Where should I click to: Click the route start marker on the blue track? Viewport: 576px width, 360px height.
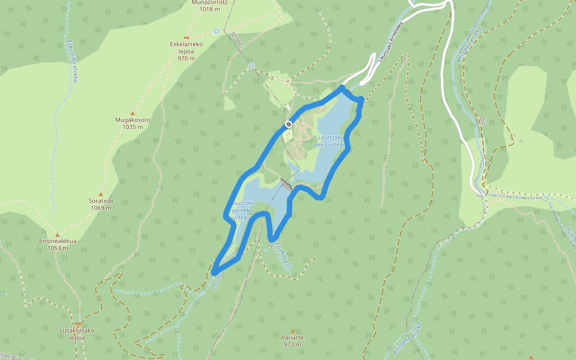[289, 124]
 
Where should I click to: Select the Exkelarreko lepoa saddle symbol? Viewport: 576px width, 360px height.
[187, 37]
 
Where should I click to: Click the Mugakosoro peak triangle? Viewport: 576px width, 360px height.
[133, 113]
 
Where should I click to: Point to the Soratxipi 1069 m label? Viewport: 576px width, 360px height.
[101, 204]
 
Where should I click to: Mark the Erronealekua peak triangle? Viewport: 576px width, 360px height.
[58, 235]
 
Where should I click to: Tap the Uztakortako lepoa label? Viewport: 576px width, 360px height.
[77, 334]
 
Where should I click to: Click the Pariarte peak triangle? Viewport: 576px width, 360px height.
[293, 331]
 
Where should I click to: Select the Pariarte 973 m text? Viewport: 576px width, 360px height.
[293, 341]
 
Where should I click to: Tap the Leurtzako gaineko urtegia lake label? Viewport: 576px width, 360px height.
[242, 210]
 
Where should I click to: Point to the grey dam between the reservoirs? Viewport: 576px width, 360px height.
[287, 184]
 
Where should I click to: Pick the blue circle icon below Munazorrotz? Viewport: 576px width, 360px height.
[217, 31]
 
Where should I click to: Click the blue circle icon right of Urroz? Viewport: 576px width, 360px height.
[251, 65]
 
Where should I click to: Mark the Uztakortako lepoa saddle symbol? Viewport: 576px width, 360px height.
[77, 324]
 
